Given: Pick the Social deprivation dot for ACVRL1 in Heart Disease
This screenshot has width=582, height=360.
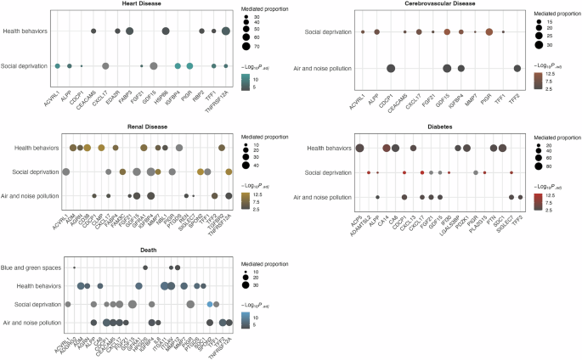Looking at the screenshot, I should pyautogui.click(x=58, y=65).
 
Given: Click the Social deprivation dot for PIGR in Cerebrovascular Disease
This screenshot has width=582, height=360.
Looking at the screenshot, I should pyautogui.click(x=489, y=32).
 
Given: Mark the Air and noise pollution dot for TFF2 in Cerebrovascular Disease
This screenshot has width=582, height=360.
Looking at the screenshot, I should pyautogui.click(x=517, y=69).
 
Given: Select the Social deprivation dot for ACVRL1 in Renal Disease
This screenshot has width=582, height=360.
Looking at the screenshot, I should pyautogui.click(x=66, y=172).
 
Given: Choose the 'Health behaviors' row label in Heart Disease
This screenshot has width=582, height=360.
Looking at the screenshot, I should pyautogui.click(x=25, y=31).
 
